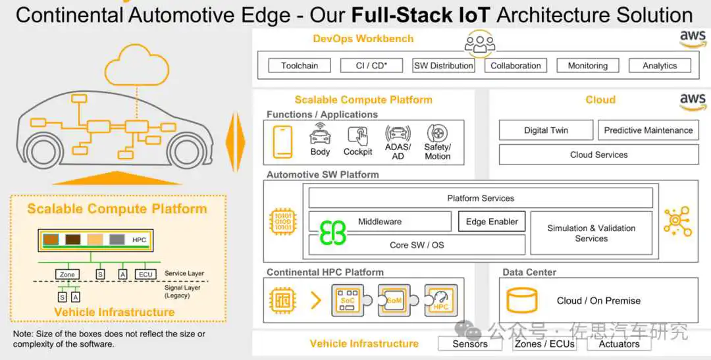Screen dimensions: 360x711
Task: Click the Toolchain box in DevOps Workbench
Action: pyautogui.click(x=300, y=66)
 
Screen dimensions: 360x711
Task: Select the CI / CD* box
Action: pyautogui.click(x=372, y=66)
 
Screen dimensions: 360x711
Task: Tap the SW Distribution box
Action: pyautogui.click(x=444, y=66)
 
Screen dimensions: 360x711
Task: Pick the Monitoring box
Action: pyautogui.click(x=588, y=66)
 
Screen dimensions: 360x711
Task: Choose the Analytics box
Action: pyautogui.click(x=660, y=66)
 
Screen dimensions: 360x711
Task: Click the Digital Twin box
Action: pyautogui.click(x=546, y=130)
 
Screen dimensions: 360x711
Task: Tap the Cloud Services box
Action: pyautogui.click(x=598, y=155)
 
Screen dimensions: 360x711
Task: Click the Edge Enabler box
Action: pyautogui.click(x=492, y=222)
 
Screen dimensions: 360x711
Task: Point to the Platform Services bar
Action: pyautogui.click(x=481, y=198)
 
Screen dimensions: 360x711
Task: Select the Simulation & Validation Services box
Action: pyautogui.click(x=591, y=233)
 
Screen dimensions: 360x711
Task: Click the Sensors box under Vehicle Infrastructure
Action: pyautogui.click(x=470, y=344)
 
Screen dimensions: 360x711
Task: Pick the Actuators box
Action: pyautogui.click(x=619, y=344)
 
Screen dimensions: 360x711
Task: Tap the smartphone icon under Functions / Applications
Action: pyautogui.click(x=283, y=141)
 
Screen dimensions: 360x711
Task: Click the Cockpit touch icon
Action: pyautogui.click(x=358, y=136)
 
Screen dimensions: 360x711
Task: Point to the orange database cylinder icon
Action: pyautogui.click(x=521, y=301)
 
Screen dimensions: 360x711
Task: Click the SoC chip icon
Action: pyautogui.click(x=347, y=300)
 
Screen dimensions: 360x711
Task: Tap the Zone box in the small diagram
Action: pyautogui.click(x=66, y=274)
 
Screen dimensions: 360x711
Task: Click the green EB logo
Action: pyautogui.click(x=332, y=232)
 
